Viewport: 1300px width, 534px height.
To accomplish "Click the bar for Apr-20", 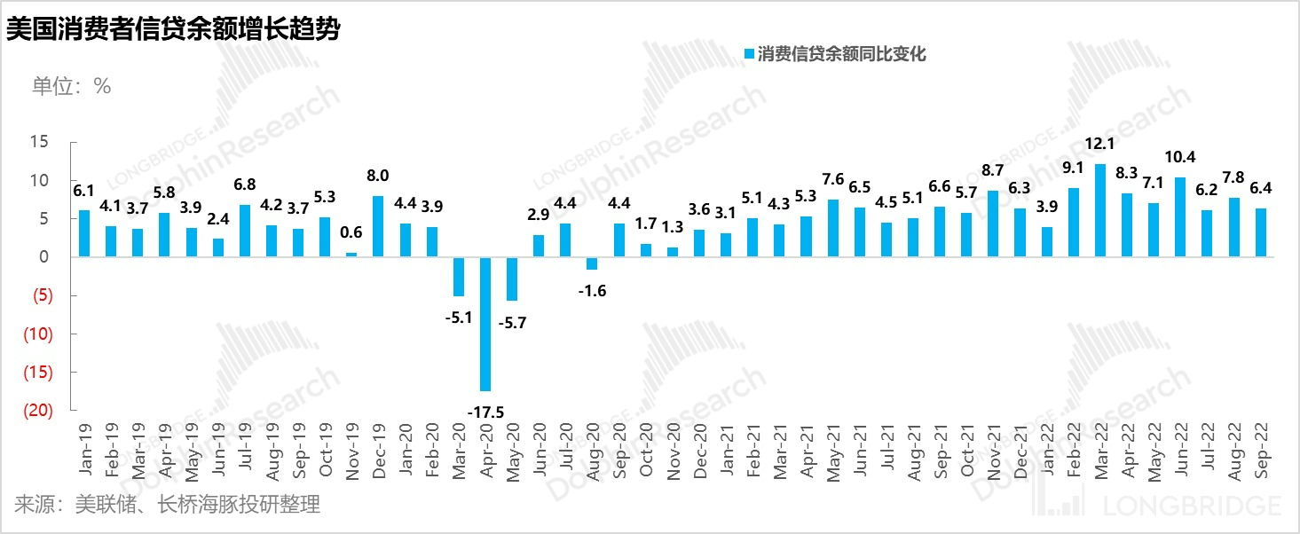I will click(x=485, y=324).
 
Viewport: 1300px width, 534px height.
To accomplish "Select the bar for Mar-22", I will click(x=1099, y=210).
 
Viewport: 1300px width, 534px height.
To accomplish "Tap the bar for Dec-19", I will click(x=378, y=226).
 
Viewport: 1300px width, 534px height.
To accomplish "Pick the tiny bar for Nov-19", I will click(x=351, y=255).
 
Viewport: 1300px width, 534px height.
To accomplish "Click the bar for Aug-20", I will click(x=592, y=263).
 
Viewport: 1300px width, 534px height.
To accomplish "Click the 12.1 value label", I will click(x=1099, y=145).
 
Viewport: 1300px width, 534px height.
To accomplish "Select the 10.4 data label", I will click(x=1179, y=158).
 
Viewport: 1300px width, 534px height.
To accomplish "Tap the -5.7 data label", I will click(x=512, y=323).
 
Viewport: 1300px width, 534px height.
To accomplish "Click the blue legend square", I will click(x=748, y=55).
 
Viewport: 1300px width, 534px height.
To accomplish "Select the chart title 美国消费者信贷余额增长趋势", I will click(x=173, y=29).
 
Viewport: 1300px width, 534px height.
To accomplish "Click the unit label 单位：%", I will click(x=71, y=86).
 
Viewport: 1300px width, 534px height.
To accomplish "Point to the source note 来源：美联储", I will click(x=167, y=506).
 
